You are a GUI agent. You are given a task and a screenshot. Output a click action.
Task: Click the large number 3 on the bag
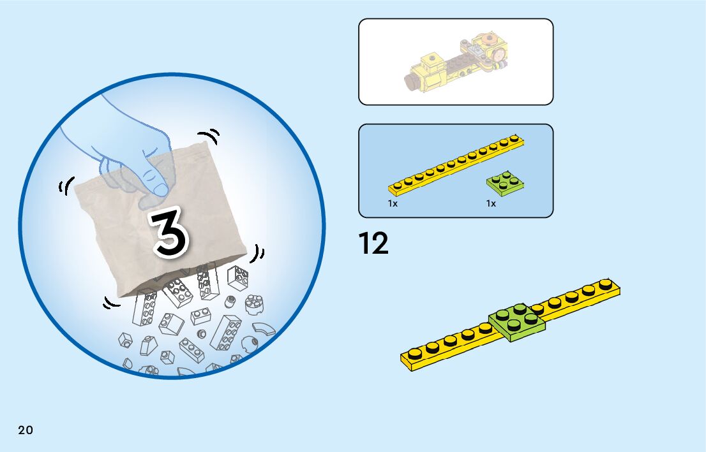click(169, 234)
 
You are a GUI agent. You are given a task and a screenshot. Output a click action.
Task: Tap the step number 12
click(373, 244)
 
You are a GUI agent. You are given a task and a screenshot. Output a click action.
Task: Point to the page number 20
click(26, 430)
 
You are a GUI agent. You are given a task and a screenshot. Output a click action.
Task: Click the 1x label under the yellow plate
click(393, 203)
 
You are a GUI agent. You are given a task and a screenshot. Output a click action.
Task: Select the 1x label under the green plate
click(491, 203)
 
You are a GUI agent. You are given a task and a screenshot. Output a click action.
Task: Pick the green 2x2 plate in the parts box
click(506, 182)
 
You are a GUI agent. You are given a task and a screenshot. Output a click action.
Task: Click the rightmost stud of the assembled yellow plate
click(606, 284)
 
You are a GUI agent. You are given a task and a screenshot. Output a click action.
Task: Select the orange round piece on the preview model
click(490, 42)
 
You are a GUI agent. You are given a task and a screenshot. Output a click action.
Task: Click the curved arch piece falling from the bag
click(264, 328)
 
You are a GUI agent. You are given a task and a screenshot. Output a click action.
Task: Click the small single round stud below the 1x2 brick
click(202, 333)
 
